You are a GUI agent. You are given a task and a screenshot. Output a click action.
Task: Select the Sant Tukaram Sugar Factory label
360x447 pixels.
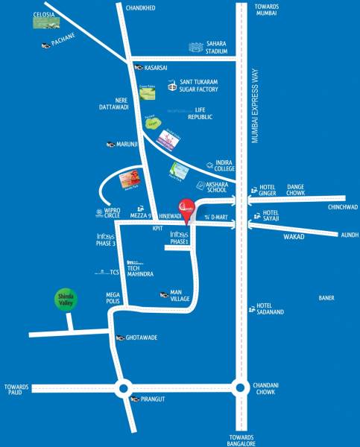pyautogui.click(x=204, y=87)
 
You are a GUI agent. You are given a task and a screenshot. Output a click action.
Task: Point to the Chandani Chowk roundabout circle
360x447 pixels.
pyautogui.click(x=239, y=387)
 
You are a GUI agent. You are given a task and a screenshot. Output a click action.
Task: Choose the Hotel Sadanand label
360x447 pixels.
pyautogui.click(x=273, y=309)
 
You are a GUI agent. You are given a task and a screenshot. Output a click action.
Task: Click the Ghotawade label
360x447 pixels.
pyautogui.click(x=142, y=337)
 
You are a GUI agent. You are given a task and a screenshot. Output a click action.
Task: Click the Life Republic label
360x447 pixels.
pyautogui.click(x=204, y=113)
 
